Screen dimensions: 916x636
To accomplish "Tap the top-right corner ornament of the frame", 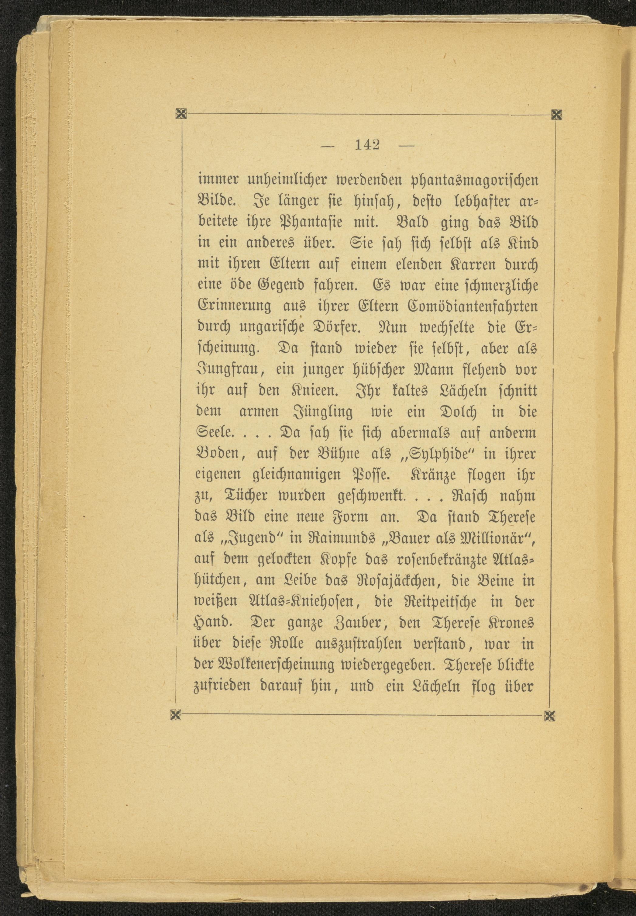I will pos(557,115).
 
